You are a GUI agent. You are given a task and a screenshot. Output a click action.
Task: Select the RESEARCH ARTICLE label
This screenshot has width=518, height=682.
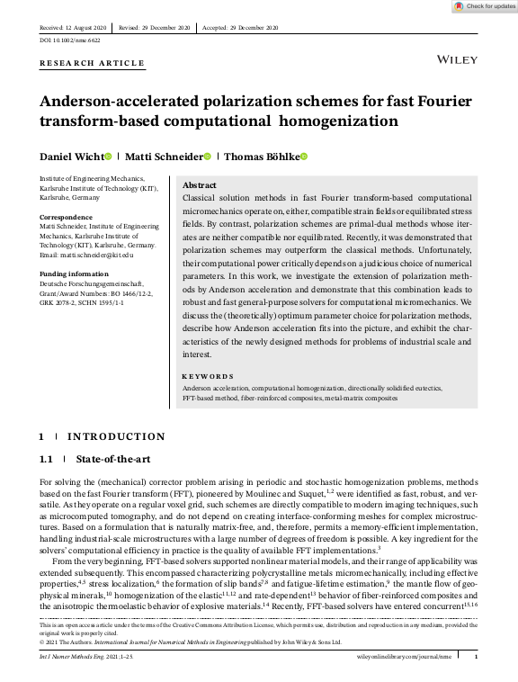point(92,63)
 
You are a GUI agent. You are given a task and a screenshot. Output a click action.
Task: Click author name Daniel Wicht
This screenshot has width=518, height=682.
point(70,157)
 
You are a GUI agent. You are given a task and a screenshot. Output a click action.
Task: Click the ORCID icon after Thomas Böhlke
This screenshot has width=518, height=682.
point(304,157)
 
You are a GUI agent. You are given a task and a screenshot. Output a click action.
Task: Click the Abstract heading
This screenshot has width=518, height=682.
point(199,184)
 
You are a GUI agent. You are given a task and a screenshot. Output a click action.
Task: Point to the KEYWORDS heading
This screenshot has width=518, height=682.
point(208,376)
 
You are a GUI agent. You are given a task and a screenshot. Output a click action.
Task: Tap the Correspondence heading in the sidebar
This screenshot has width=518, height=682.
point(67,217)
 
